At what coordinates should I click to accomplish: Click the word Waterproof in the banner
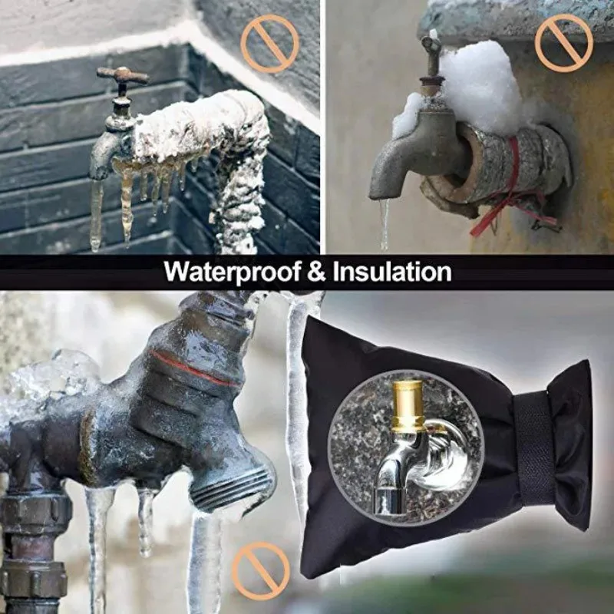[x=233, y=272]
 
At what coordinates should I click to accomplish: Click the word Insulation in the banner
[x=392, y=272]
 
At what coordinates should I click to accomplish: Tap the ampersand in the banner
[x=316, y=272]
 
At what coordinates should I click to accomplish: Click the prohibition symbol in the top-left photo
[x=270, y=44]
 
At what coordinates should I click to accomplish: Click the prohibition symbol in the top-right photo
[x=564, y=43]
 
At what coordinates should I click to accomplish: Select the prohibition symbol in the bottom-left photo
[x=261, y=571]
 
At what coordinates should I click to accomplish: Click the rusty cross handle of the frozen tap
[x=123, y=75]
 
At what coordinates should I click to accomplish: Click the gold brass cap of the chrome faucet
[x=408, y=405]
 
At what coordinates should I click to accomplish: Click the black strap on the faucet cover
[x=533, y=447]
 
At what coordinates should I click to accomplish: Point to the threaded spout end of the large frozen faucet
[x=235, y=487]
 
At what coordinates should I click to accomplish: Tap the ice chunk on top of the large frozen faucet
[x=54, y=376]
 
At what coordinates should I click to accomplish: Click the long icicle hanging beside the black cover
[x=299, y=404]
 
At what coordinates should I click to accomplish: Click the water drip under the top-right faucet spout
[x=385, y=224]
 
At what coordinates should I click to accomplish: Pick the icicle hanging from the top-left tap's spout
[x=96, y=215]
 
